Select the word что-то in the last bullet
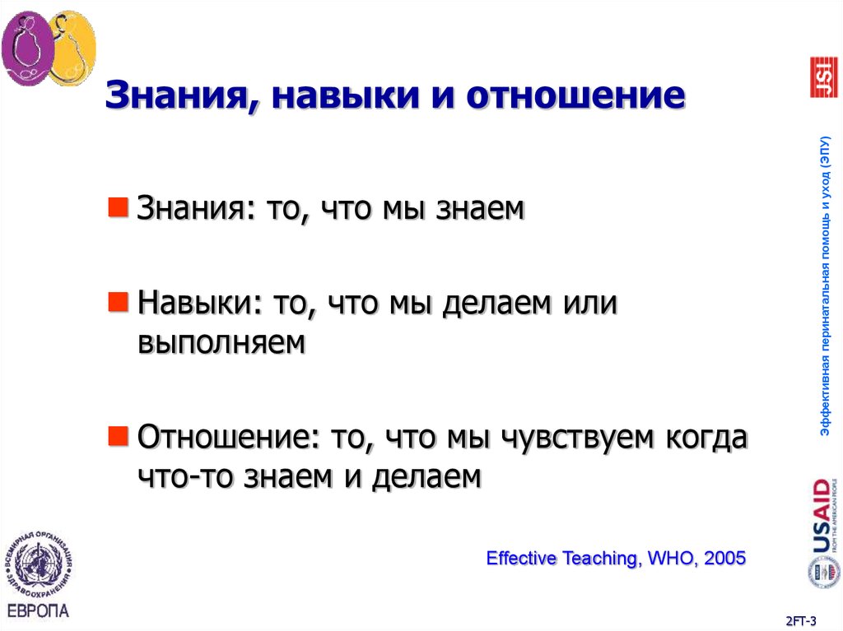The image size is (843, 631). tap(187, 476)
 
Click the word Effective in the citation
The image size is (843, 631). tap(522, 559)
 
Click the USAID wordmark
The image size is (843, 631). tap(822, 517)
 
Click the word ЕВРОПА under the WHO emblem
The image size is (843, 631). tap(38, 610)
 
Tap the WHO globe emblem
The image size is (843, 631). tap(38, 566)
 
